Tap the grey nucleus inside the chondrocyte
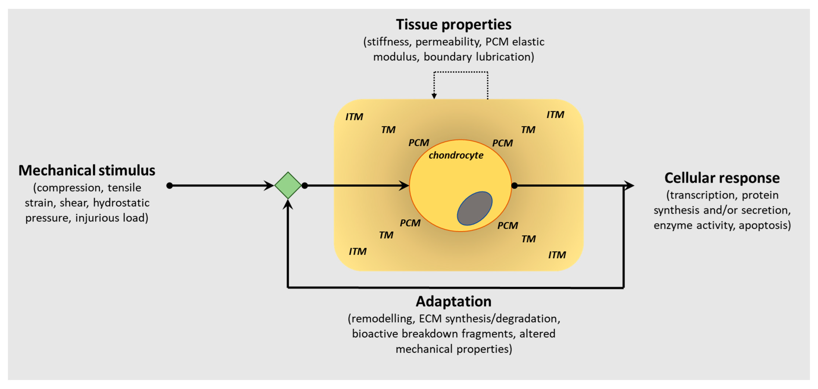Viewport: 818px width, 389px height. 475,208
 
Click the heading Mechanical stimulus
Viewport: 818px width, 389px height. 87,170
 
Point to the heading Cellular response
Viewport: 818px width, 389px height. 722,178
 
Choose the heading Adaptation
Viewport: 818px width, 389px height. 454,301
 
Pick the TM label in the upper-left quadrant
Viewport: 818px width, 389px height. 388,130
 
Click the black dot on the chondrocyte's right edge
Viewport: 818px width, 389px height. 515,185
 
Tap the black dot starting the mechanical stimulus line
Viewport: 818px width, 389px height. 169,185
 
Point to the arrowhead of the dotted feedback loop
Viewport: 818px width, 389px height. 434,96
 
